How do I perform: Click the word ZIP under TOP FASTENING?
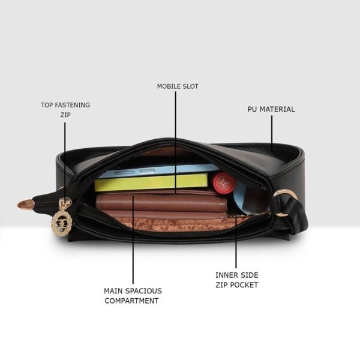pyautogui.click(x=65, y=115)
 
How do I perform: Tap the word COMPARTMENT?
pyautogui.click(x=131, y=301)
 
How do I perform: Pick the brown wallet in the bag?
pyautogui.click(x=161, y=203)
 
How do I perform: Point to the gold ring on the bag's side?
pyautogui.click(x=286, y=197)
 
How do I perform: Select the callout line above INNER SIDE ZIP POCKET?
pyautogui.click(x=236, y=240)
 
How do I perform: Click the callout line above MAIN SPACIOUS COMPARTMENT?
pyautogui.click(x=133, y=246)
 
